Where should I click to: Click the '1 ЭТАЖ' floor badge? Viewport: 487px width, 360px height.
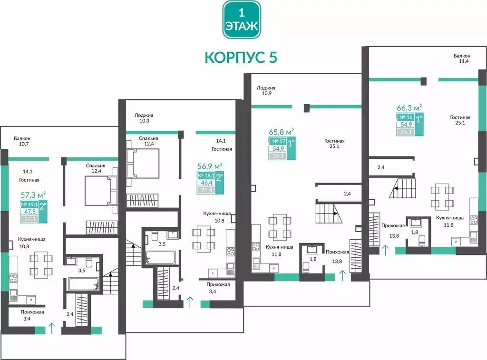pyautogui.click(x=241, y=19)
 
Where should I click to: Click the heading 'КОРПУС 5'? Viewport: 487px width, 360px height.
pyautogui.click(x=241, y=57)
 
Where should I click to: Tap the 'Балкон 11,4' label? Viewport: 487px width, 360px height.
pyautogui.click(x=462, y=58)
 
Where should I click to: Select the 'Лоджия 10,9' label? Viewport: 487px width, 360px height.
pyautogui.click(x=266, y=90)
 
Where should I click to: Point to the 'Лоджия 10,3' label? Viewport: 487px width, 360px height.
pyautogui.click(x=144, y=118)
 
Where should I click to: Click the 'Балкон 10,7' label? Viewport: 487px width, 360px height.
pyautogui.click(x=22, y=141)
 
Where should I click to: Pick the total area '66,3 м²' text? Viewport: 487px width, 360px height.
pyautogui.click(x=409, y=108)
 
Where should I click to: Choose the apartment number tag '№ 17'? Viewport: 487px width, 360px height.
pyautogui.click(x=278, y=141)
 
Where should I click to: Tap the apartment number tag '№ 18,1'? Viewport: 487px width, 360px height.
pyautogui.click(x=206, y=175)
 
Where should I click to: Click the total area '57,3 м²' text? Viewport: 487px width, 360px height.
pyautogui.click(x=33, y=195)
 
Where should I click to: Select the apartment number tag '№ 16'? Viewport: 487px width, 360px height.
pyautogui.click(x=406, y=117)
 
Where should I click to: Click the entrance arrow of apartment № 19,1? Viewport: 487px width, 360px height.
pyautogui.click(x=51, y=328)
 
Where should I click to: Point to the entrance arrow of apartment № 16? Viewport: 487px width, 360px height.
pyautogui.click(x=385, y=249)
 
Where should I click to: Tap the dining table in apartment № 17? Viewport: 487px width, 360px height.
pyautogui.click(x=280, y=227)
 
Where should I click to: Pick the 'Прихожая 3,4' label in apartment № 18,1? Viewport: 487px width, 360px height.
pyautogui.click(x=218, y=288)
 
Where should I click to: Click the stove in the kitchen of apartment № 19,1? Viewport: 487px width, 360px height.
pyautogui.click(x=13, y=278)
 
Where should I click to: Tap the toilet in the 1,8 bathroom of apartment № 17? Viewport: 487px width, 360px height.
pyautogui.click(x=306, y=267)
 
